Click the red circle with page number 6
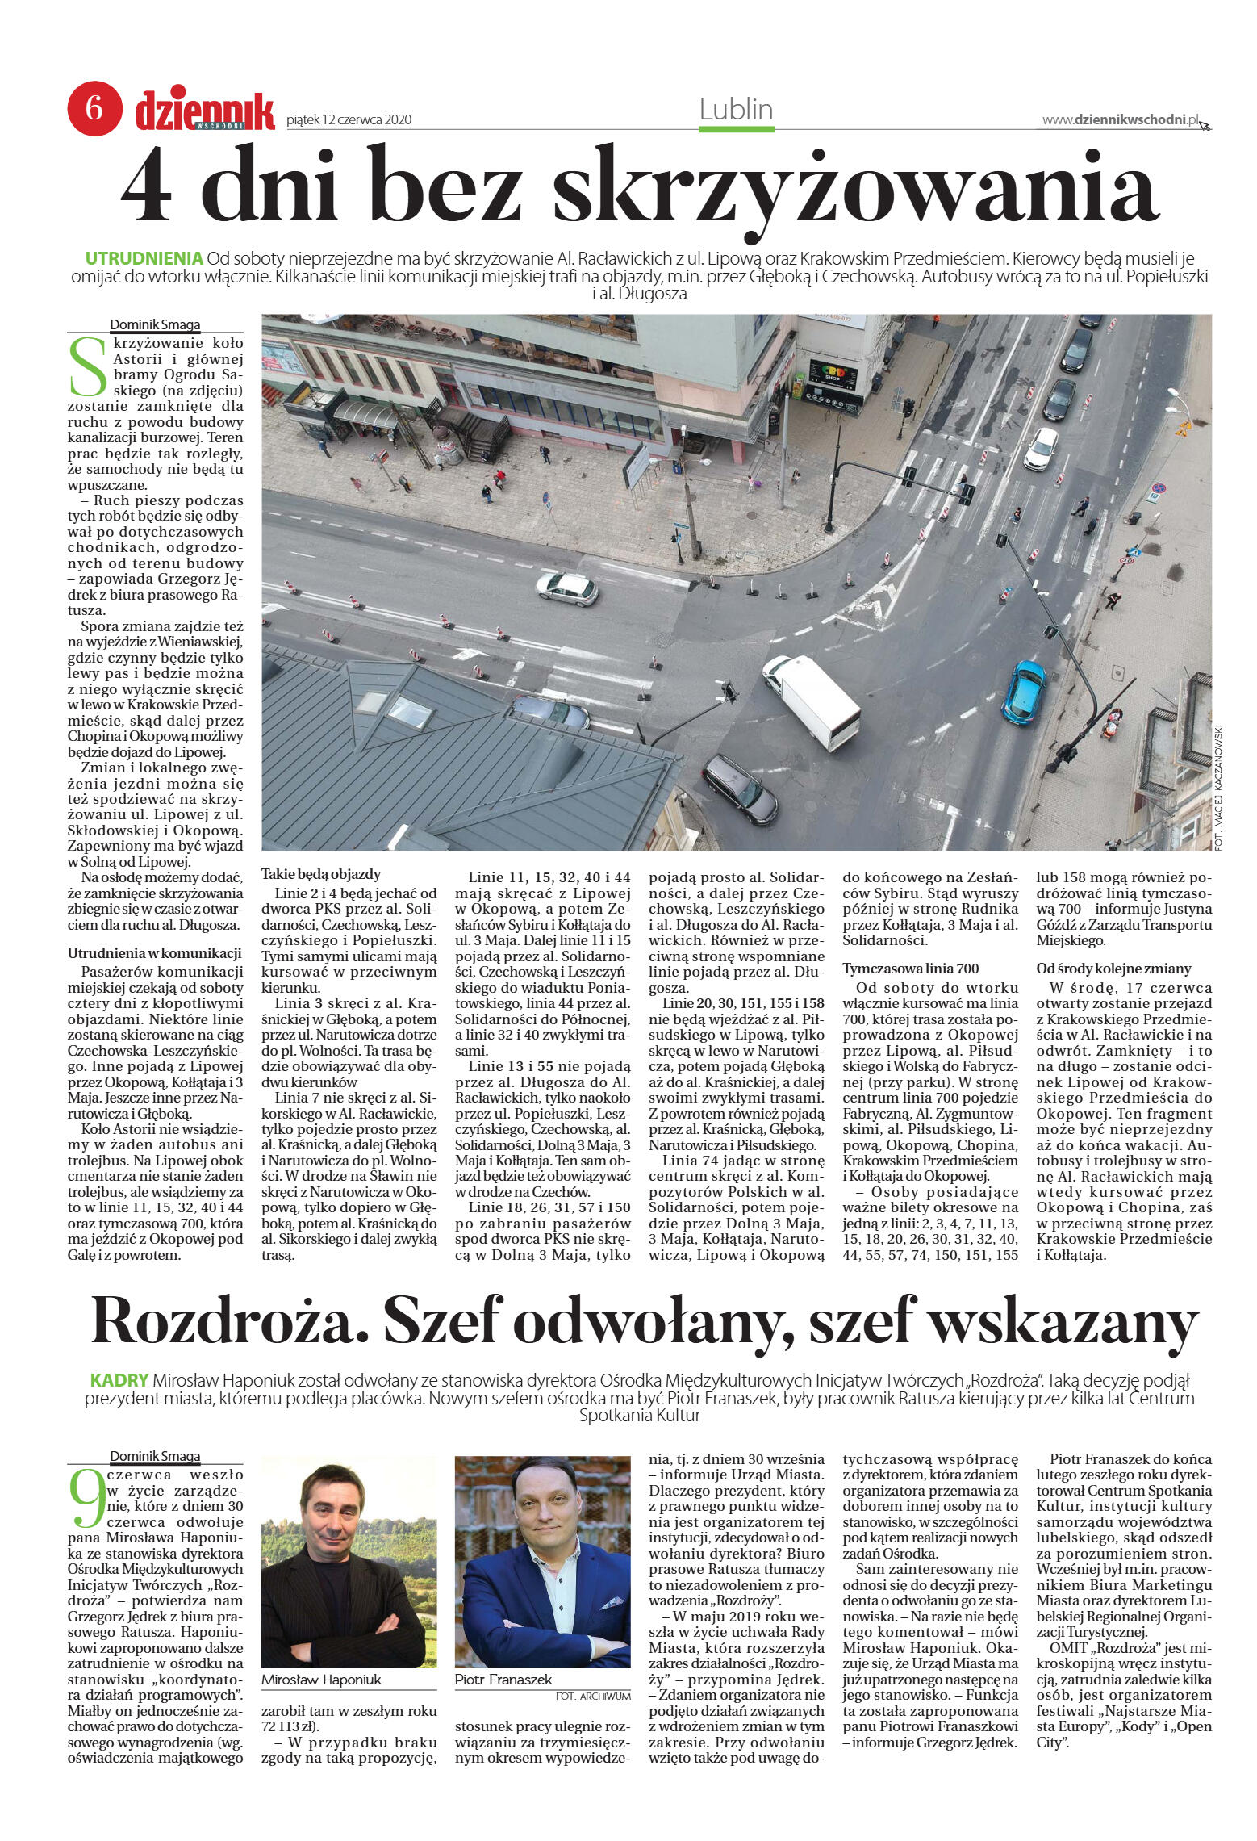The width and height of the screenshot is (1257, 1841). point(94,108)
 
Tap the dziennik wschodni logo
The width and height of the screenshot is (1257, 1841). point(204,111)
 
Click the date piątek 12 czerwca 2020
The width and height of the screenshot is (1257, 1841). point(349,120)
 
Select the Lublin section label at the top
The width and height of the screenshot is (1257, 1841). point(736,109)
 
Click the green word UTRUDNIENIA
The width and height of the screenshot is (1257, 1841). point(144,259)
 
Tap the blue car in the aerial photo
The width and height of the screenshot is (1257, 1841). point(1023,691)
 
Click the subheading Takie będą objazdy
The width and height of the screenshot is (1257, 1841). point(320,874)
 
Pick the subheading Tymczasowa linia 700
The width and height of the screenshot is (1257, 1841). point(910,968)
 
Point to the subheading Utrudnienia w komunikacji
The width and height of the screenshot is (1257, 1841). point(154,952)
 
